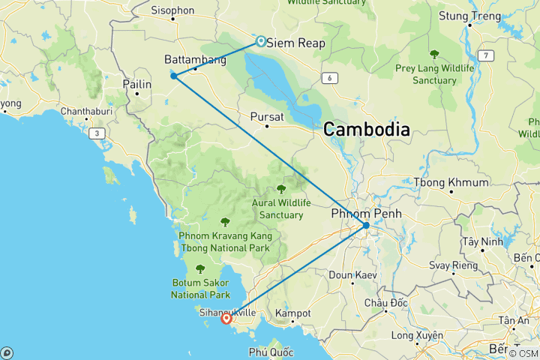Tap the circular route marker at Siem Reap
260,41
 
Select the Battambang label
195,60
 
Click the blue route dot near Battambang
173,76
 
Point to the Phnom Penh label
366,214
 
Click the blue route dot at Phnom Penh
366,226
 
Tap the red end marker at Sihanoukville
226,318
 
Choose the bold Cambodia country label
367,130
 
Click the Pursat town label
267,117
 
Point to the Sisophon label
172,10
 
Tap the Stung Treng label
469,16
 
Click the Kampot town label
292,313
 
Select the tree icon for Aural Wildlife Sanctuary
281,189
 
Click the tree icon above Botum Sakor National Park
199,268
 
